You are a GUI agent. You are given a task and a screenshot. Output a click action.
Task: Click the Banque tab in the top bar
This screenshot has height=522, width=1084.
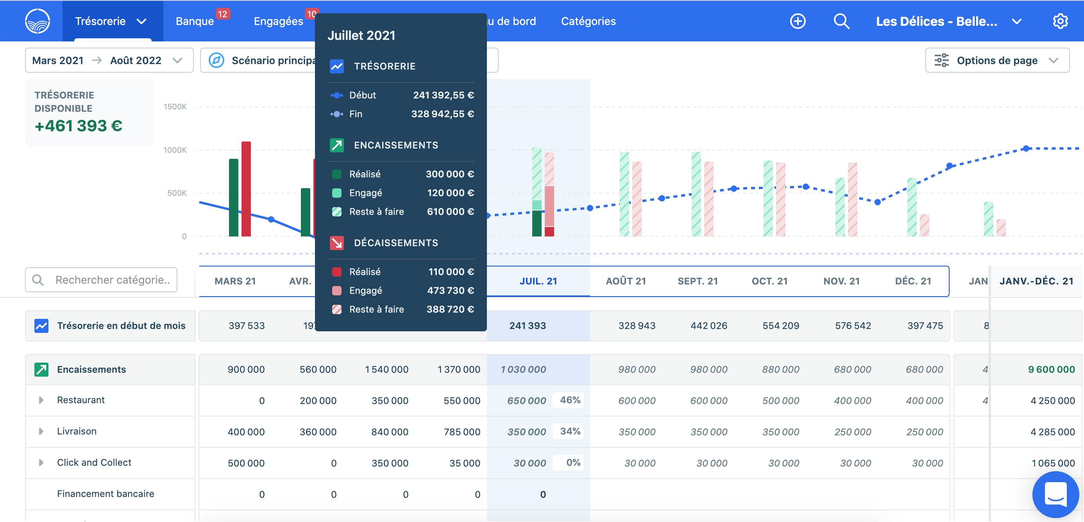[x=195, y=21]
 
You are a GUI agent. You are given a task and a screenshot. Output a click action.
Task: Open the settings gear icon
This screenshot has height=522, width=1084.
[x=1060, y=21]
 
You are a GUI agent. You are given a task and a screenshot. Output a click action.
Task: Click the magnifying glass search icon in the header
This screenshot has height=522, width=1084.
[x=841, y=21]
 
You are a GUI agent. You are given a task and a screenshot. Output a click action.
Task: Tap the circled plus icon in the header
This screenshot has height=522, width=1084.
[x=798, y=21]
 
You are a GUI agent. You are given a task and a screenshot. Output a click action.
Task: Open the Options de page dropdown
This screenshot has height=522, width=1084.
[x=997, y=61]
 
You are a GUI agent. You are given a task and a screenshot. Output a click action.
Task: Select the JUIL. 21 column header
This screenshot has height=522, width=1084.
[x=538, y=281]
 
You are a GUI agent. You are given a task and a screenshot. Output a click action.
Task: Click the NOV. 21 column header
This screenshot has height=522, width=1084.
[x=841, y=281]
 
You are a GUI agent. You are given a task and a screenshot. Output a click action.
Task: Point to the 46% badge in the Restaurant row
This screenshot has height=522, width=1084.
[x=570, y=400]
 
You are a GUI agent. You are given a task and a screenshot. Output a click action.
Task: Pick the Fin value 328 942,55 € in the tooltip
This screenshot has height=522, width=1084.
[x=442, y=114]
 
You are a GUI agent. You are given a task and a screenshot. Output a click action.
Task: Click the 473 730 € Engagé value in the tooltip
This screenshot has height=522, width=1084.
[x=450, y=291]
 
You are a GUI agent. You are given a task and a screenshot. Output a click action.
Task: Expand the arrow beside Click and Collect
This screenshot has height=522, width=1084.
[x=41, y=463]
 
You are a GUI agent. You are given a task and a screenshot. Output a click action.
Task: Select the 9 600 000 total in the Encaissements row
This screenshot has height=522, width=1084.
[x=1051, y=370]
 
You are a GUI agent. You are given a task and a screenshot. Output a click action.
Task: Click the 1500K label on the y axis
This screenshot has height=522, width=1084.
[x=175, y=107]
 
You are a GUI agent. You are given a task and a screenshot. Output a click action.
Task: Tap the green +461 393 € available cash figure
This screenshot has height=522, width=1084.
[x=79, y=126]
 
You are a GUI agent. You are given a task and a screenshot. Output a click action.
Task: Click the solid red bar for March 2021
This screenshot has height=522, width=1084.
[x=246, y=189]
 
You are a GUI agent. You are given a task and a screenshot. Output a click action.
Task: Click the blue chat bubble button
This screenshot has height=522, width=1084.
[x=1055, y=495]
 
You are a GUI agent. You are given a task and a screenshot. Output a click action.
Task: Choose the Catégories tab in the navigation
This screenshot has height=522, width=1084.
[x=588, y=21]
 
